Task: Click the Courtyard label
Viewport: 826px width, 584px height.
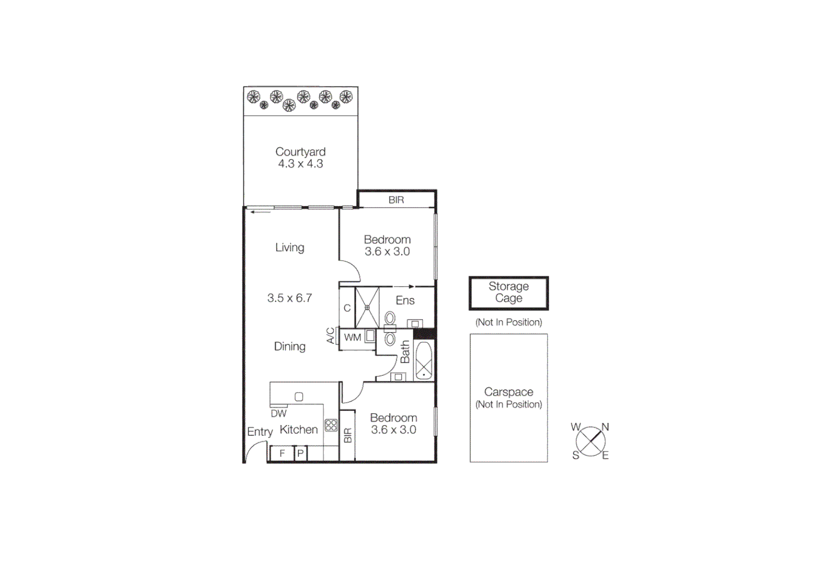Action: point(301,152)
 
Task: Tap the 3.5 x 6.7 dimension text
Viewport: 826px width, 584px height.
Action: point(290,298)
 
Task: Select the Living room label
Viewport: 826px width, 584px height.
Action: point(290,248)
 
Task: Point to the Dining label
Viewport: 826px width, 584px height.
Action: point(290,347)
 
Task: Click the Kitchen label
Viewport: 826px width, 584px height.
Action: point(299,430)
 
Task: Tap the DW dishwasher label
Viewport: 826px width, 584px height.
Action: point(279,414)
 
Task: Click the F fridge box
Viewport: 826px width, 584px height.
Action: point(282,454)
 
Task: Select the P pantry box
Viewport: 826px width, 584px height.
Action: point(301,454)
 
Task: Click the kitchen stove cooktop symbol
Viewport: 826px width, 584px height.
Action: point(331,426)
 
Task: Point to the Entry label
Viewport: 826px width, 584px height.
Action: point(260,432)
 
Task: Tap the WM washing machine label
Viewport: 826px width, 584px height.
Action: point(352,338)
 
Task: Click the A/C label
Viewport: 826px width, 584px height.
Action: point(331,336)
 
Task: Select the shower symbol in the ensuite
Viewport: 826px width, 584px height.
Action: point(367,308)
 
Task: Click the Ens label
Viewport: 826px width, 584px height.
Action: point(405,301)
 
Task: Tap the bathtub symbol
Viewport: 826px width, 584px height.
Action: point(424,361)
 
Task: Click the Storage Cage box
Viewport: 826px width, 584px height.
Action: point(509,293)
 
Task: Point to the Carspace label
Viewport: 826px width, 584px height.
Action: point(509,392)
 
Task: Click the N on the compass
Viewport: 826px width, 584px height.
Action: point(605,427)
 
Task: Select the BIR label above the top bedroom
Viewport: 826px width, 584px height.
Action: point(396,200)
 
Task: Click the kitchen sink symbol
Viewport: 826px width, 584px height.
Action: point(299,397)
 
